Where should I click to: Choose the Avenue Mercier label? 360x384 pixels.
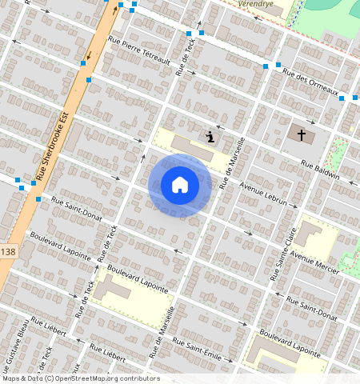(315, 262)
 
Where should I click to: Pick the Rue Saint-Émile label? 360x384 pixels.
(211, 353)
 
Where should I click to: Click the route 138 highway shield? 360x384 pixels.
(8, 252)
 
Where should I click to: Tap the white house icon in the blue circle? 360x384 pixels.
(180, 185)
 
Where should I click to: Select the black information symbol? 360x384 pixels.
(210, 137)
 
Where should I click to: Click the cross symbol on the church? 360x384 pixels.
(302, 134)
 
